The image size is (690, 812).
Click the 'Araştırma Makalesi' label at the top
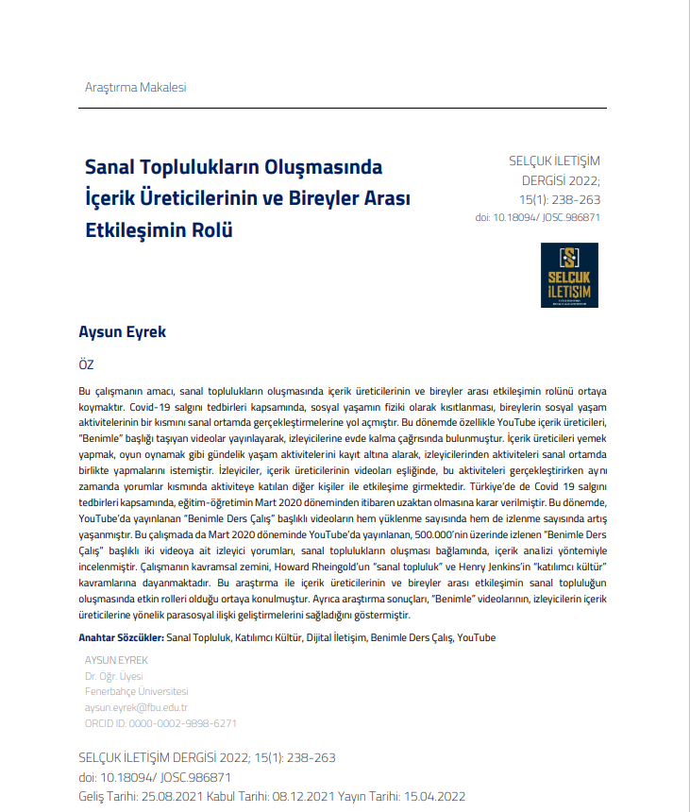click(135, 87)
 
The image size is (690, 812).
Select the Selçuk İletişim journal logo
click(569, 276)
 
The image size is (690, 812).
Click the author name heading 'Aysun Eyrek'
click(122, 333)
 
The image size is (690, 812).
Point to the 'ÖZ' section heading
click(86, 365)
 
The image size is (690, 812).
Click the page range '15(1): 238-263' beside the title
click(560, 199)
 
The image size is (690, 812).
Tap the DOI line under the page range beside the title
click(538, 217)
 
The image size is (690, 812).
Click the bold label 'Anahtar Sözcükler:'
click(120, 638)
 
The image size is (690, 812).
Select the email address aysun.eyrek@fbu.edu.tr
click(136, 707)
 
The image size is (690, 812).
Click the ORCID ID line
click(160, 723)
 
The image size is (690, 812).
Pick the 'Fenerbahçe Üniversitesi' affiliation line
click(136, 691)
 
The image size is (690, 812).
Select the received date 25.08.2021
click(175, 796)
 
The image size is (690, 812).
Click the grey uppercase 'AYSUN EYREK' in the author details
click(116, 660)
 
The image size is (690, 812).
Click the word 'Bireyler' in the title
click(311, 199)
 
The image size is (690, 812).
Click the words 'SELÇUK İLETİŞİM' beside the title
click(555, 161)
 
